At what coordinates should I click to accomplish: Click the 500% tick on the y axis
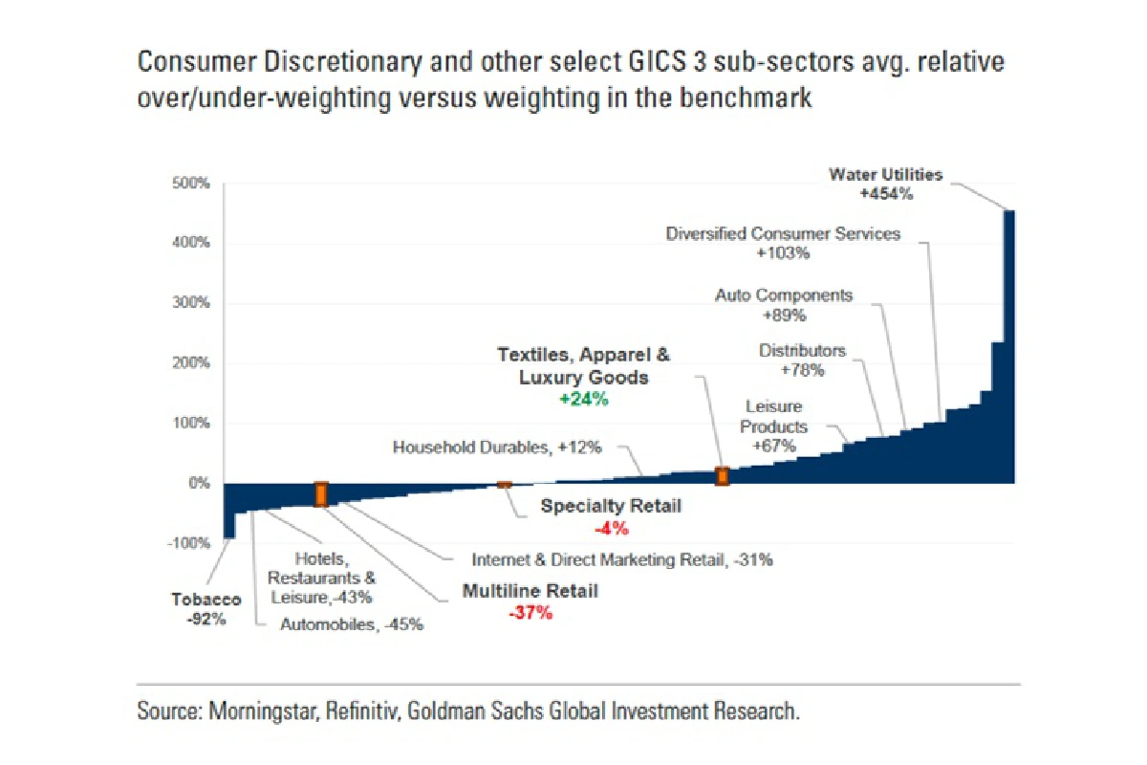pyautogui.click(x=190, y=183)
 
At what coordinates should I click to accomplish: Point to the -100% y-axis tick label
pyautogui.click(x=187, y=543)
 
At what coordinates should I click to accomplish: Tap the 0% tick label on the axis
pyautogui.click(x=198, y=483)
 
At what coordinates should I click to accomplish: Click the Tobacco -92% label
pyautogui.click(x=206, y=609)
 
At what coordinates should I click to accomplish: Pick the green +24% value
pyautogui.click(x=583, y=400)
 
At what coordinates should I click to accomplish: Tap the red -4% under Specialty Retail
pyautogui.click(x=611, y=528)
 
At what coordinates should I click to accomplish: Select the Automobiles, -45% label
pyautogui.click(x=351, y=625)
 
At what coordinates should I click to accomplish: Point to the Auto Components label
pyautogui.click(x=784, y=295)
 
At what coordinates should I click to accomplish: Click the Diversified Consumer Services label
pyautogui.click(x=783, y=234)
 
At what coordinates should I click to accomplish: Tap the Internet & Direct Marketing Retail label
pyautogui.click(x=622, y=560)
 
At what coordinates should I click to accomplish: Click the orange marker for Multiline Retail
pyautogui.click(x=321, y=493)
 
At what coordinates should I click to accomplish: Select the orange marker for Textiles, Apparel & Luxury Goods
pyautogui.click(x=723, y=476)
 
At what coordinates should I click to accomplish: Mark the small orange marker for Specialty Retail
pyautogui.click(x=505, y=486)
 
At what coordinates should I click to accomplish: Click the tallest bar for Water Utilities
pyautogui.click(x=1008, y=344)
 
